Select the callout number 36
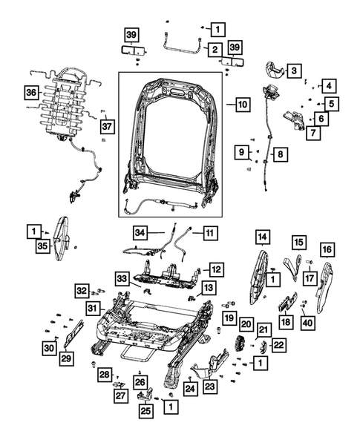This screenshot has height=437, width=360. pos(30,93)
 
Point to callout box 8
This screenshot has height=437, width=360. pos(281,155)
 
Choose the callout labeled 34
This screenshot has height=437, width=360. pos(142,231)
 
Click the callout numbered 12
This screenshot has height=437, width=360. pos(215,269)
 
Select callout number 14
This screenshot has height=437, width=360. pos(261,237)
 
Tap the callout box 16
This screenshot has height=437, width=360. pos(327,249)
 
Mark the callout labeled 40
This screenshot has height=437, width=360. pos(309,323)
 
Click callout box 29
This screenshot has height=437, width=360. pos(66,358)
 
